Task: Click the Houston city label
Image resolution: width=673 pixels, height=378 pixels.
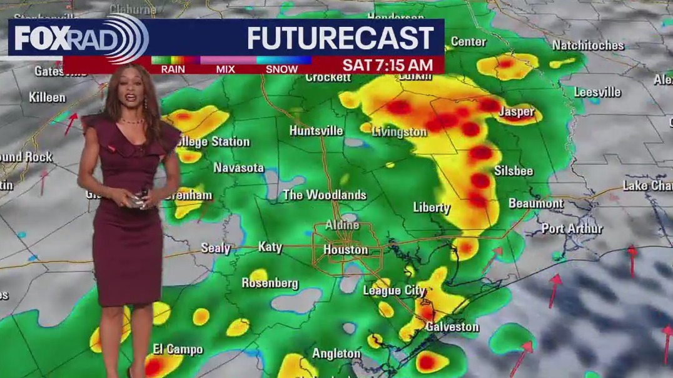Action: [345, 250]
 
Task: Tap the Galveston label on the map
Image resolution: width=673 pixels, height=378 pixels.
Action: [452, 327]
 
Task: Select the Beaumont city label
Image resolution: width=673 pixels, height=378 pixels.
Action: [535, 204]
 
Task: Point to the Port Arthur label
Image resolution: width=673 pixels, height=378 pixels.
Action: [572, 229]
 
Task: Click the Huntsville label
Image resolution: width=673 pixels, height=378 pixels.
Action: [316, 131]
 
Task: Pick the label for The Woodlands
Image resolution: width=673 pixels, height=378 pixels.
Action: [324, 195]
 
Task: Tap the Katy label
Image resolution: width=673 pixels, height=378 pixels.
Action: [270, 247]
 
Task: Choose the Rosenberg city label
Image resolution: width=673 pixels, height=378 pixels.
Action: [270, 283]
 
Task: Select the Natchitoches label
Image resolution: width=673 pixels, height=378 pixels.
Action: [588, 46]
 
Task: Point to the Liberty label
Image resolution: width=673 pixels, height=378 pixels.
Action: [432, 207]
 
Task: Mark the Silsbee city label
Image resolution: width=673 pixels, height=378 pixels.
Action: [514, 171]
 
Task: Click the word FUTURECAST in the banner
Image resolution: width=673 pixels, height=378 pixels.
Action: [340, 39]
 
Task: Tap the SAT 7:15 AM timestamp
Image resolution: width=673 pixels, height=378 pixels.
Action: [387, 65]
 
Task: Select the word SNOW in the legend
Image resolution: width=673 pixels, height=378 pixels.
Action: [281, 69]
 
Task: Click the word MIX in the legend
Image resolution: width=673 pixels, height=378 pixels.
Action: [225, 69]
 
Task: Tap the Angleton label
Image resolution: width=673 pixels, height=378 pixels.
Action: [336, 354]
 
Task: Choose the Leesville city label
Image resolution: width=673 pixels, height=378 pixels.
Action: [597, 92]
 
